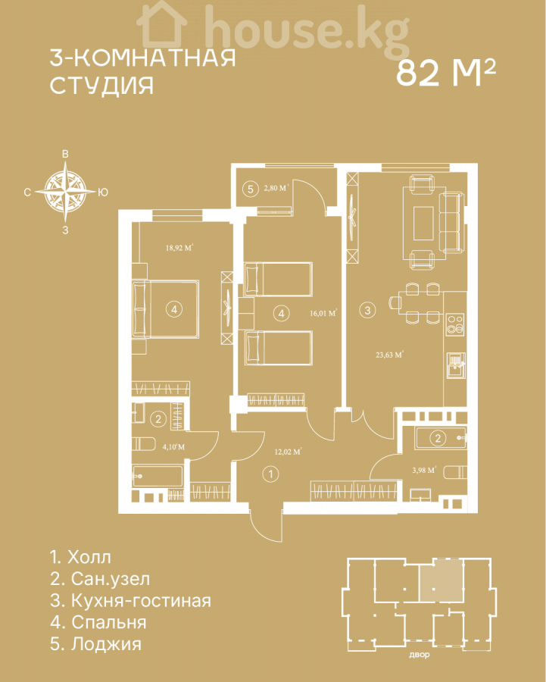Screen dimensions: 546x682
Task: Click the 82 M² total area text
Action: click(445, 73)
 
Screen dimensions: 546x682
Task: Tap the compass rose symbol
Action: click(65, 192)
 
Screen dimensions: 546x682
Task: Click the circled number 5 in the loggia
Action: click(250, 189)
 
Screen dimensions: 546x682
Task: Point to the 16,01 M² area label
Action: click(323, 313)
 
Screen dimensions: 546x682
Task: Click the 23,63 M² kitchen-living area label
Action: click(389, 355)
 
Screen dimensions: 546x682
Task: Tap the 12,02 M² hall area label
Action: click(288, 452)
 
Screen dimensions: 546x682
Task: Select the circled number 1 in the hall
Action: click(271, 474)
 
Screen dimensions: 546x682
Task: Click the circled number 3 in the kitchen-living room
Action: click(368, 310)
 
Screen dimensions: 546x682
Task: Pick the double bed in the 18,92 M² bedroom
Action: click(166, 309)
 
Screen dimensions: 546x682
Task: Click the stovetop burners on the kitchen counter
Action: click(455, 324)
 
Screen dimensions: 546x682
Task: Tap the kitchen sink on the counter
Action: click(456, 365)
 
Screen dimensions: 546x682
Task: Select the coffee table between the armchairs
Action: click(423, 223)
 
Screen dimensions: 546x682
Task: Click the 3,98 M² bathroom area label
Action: click(424, 470)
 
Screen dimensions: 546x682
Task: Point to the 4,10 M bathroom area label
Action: click(173, 446)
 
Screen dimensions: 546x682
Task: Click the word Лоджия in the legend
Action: click(107, 644)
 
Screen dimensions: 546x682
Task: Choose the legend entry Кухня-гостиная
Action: click(130, 601)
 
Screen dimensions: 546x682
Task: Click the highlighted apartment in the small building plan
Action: click(441, 580)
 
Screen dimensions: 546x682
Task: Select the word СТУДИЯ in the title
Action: click(101, 86)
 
